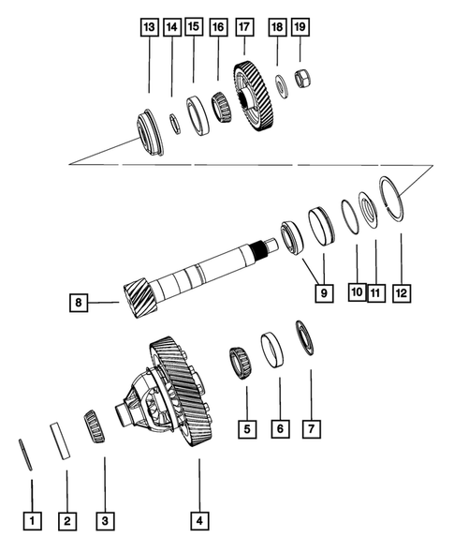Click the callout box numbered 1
click(32, 518)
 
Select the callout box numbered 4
click(198, 518)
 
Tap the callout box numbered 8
click(81, 302)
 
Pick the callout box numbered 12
click(401, 293)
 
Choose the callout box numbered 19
click(300, 28)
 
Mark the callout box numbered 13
click(149, 28)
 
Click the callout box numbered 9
click(322, 293)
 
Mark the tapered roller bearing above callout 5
click(240, 361)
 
